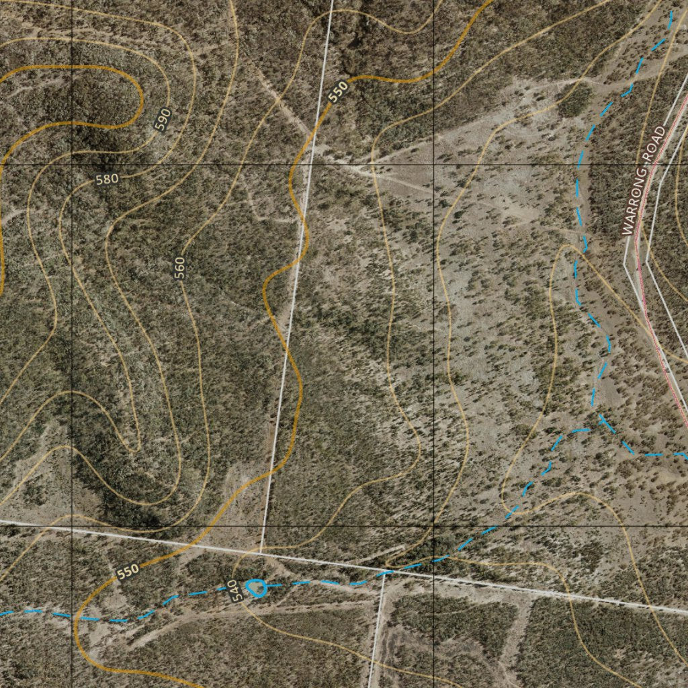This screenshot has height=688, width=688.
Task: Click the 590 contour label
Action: coord(163,120)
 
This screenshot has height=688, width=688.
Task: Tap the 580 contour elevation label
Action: coord(107,179)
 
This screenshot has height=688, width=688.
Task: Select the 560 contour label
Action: coord(179,268)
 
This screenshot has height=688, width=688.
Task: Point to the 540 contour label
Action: coord(233,591)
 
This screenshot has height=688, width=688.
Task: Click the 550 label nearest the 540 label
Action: coord(128,571)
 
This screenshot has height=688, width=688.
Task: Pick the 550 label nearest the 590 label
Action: coord(339,91)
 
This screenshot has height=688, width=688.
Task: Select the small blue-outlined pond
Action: coord(255,589)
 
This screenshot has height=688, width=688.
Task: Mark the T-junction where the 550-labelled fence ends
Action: coord(261,552)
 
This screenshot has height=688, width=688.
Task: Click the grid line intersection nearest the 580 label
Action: coord(72,164)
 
